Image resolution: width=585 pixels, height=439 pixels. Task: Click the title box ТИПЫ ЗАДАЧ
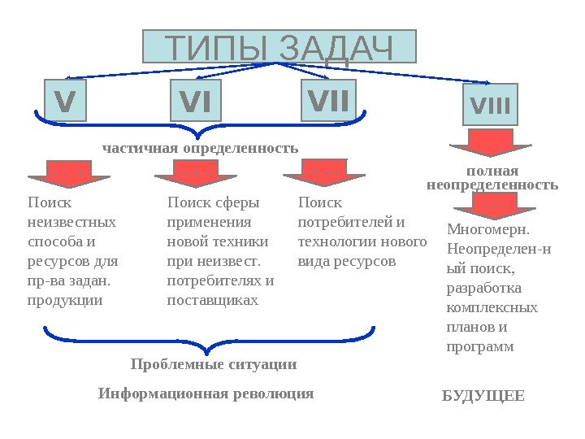(x=279, y=47)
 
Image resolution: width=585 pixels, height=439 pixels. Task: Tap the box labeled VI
(x=195, y=102)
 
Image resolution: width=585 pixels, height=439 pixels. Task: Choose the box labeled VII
(x=328, y=101)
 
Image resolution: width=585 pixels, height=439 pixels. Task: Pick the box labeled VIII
(x=490, y=105)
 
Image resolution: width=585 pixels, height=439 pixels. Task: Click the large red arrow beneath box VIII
(x=490, y=142)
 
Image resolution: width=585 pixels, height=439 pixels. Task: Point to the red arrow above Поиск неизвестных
(x=69, y=176)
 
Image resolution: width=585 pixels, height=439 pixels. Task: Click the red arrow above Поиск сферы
(x=195, y=176)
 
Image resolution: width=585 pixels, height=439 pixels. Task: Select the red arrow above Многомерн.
(x=492, y=208)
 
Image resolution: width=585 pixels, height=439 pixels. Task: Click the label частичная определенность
(x=200, y=149)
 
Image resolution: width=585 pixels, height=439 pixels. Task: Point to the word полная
(x=492, y=172)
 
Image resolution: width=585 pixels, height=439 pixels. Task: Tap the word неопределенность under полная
(x=492, y=185)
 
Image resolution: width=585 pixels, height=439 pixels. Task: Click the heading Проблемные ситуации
(x=214, y=364)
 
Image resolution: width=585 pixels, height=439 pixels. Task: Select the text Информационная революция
(x=206, y=394)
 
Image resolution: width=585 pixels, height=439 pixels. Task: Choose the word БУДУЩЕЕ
(x=483, y=397)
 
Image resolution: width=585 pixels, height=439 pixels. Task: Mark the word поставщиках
(x=212, y=300)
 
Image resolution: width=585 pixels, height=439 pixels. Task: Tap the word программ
(x=480, y=346)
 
